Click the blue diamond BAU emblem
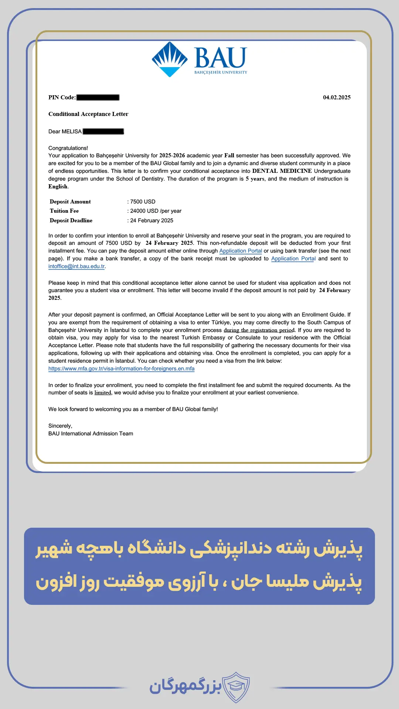170,59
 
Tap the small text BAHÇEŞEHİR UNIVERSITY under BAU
221,72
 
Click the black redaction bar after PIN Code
98,97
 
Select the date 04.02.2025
337,97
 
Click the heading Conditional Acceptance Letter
88,114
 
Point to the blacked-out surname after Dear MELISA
103,131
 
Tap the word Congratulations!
68,148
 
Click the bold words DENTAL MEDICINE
282,171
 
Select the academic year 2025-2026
172,155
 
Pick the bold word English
58,186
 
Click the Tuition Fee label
64,211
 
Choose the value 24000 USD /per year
156,211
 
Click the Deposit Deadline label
71,220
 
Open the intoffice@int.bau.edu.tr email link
76,266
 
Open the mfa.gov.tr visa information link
121,369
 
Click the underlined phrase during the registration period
259,330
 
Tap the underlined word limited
103,393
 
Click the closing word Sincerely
60,426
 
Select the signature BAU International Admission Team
91,434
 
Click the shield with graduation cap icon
235,686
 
